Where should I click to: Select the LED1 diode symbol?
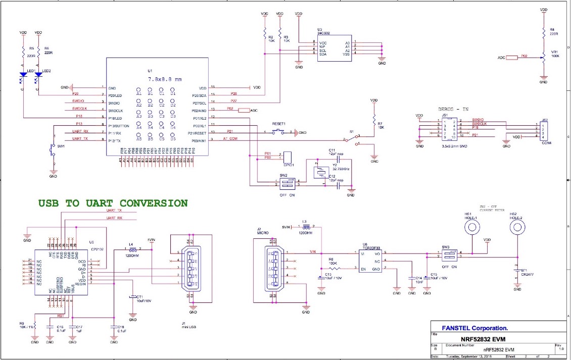tap(23, 75)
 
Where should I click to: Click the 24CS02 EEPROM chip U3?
tap(327, 48)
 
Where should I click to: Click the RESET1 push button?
tap(279, 132)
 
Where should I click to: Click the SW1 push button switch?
tap(52, 150)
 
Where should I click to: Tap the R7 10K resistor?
tap(374, 123)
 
